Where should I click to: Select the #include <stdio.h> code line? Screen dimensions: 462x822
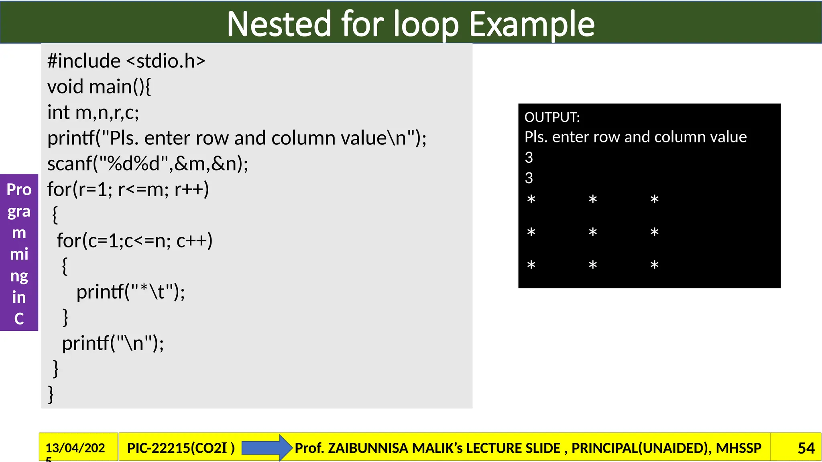126,61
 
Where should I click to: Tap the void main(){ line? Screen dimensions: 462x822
99,87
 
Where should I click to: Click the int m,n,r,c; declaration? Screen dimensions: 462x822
93,112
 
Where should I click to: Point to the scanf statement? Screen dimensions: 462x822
148,164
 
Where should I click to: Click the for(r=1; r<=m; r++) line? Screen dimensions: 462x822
128,189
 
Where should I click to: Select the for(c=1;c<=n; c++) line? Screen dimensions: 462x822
134,241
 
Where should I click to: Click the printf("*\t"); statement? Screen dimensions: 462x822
130,292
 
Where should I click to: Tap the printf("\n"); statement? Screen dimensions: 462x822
113,343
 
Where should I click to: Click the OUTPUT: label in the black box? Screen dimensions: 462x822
552,117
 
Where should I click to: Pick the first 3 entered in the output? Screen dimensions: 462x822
529,158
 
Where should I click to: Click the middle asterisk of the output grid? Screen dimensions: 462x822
593,232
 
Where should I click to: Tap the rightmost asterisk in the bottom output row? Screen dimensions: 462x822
654,265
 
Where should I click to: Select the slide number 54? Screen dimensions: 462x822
806,448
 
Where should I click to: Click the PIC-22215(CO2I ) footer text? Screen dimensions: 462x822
181,448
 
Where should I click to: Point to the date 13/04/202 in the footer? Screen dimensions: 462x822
75,448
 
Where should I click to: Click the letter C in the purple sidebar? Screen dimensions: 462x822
19,319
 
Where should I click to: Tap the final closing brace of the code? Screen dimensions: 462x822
51,394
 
